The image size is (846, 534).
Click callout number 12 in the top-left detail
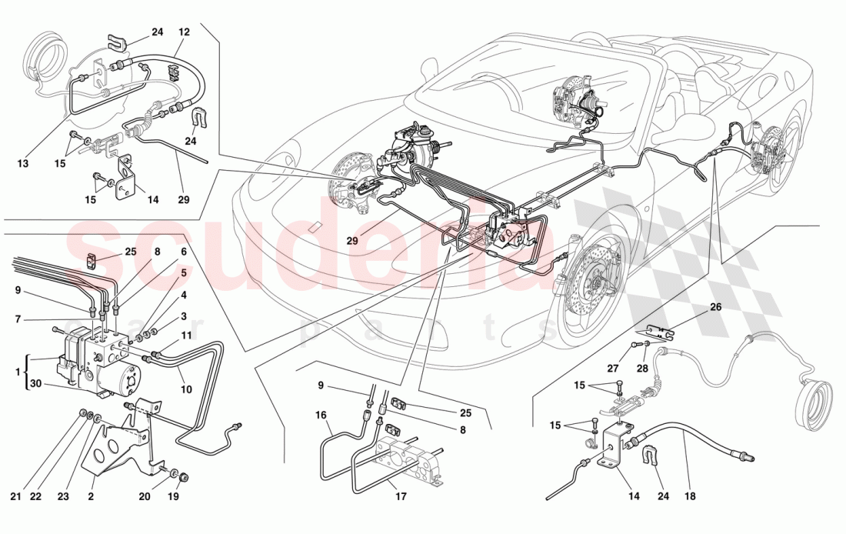tap(184, 32)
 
